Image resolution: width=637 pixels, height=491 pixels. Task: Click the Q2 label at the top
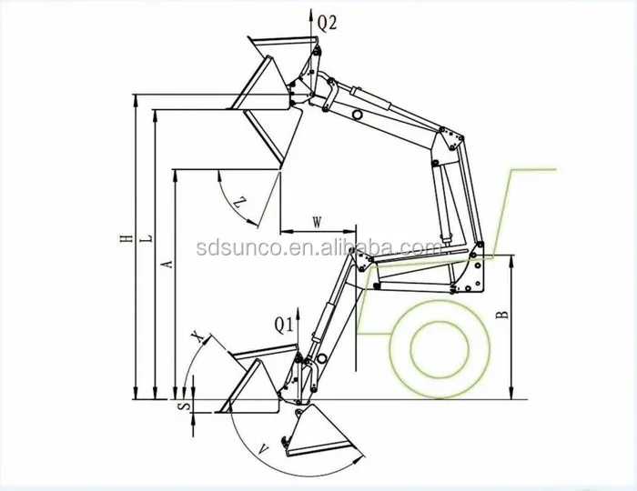(x=328, y=25)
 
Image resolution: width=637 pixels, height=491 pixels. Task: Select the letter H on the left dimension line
(x=126, y=240)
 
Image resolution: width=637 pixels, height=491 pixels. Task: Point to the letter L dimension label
(x=147, y=240)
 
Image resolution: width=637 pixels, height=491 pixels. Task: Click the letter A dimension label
(x=166, y=264)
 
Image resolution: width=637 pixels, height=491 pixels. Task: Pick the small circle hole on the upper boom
(x=359, y=115)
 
